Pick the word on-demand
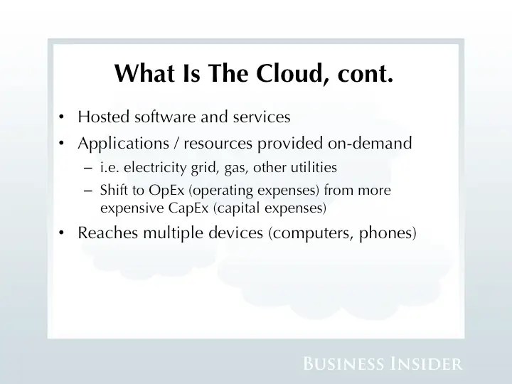tap(369, 144)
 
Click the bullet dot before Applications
tap(63, 144)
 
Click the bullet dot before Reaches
tap(63, 234)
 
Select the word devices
tap(233, 233)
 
